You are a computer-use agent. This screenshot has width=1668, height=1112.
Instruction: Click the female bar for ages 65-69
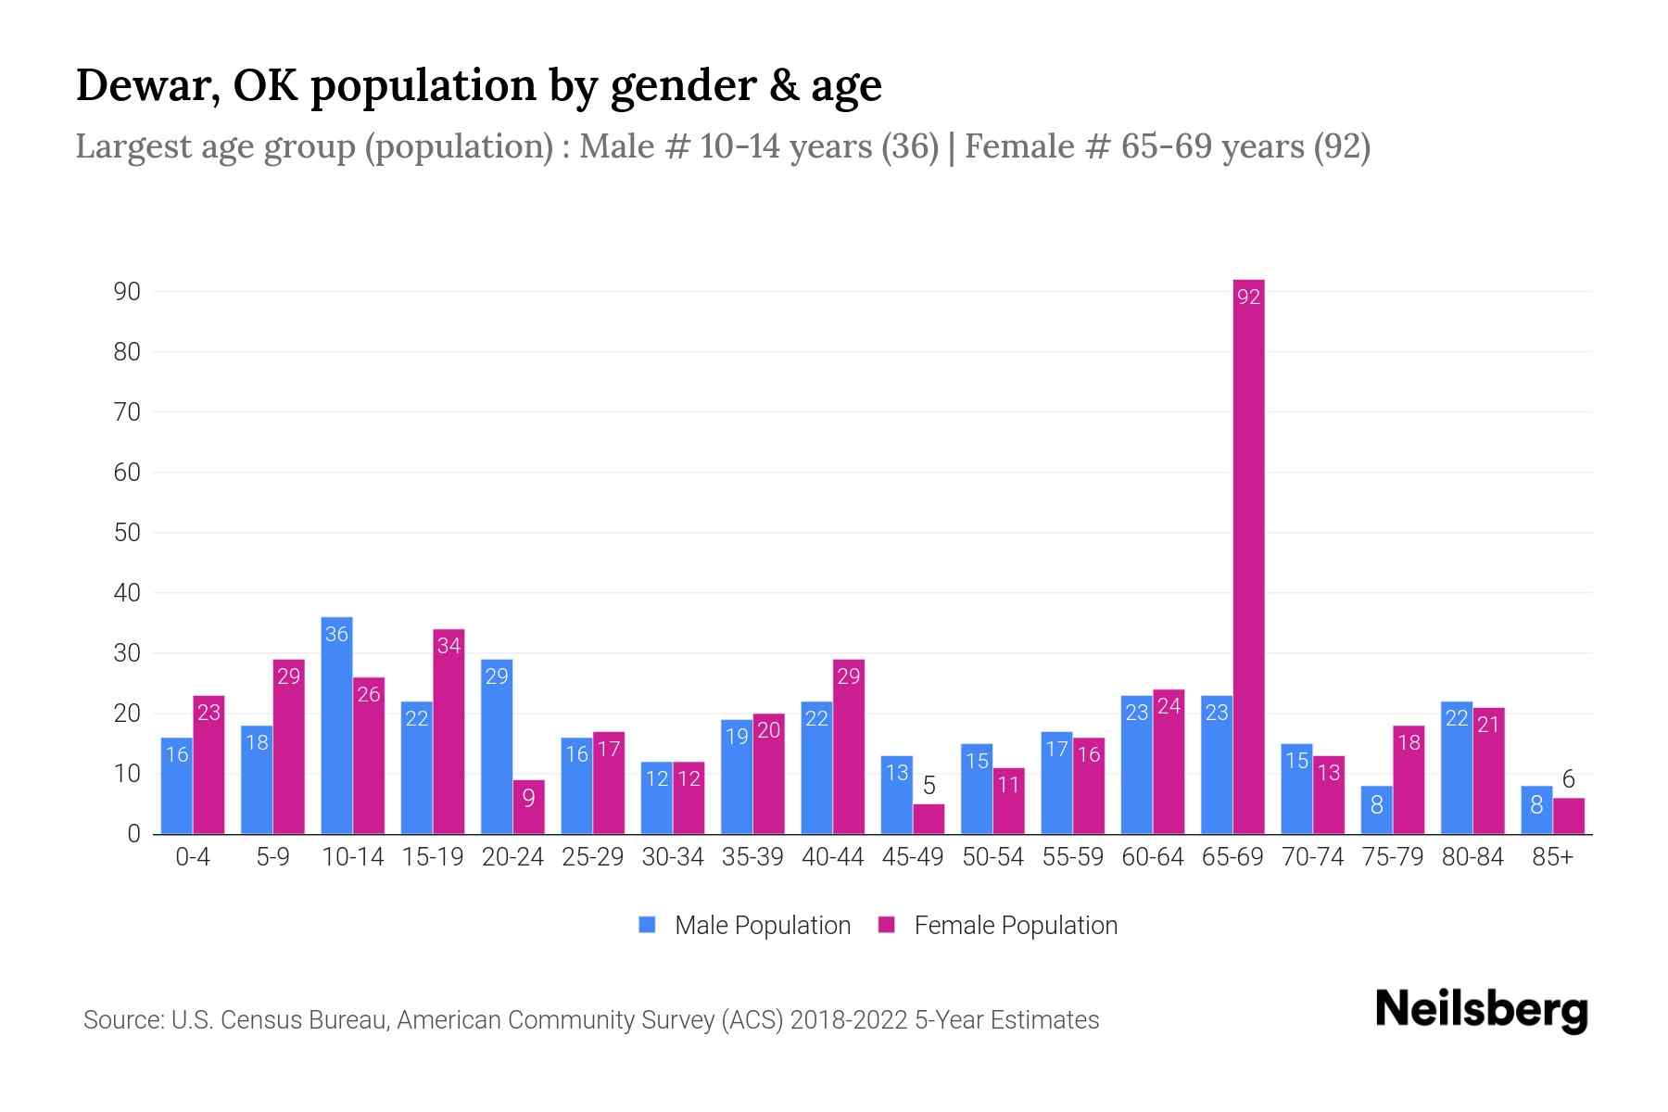click(1248, 556)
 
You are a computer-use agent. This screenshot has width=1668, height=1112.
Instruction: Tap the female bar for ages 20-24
click(528, 807)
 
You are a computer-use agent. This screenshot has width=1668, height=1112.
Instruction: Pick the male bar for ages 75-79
click(1376, 810)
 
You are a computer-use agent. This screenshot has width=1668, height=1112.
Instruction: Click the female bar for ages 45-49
click(929, 819)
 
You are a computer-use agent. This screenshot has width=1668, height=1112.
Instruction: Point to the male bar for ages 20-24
click(497, 747)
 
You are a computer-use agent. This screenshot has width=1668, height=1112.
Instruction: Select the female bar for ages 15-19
click(449, 732)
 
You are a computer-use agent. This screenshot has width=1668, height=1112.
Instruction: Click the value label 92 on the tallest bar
click(1248, 297)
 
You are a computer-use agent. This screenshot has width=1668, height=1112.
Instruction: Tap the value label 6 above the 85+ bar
click(1568, 779)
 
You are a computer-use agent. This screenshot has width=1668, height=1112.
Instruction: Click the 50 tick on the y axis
click(127, 533)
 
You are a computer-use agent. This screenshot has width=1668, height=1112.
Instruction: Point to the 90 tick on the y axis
click(127, 292)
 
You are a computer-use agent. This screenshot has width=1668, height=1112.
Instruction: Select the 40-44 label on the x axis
click(832, 857)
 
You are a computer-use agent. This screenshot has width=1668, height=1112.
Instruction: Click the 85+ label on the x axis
click(1552, 857)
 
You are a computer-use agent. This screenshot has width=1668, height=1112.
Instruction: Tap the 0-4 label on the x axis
click(193, 857)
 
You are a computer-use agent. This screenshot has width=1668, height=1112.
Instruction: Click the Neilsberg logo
click(1481, 1009)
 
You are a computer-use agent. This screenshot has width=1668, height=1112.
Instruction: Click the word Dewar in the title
click(146, 85)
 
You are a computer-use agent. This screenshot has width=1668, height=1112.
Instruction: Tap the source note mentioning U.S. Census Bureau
click(590, 1020)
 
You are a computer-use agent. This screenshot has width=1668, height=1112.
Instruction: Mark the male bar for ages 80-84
click(1456, 768)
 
